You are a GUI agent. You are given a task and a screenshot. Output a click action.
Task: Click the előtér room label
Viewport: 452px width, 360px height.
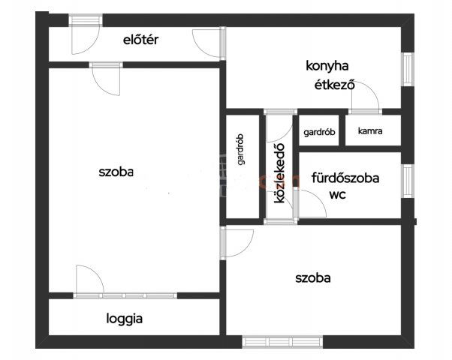[x=140, y=40]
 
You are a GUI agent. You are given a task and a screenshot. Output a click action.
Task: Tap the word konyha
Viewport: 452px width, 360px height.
[x=327, y=66]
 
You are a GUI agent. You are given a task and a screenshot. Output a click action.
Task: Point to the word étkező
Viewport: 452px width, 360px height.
[x=334, y=85]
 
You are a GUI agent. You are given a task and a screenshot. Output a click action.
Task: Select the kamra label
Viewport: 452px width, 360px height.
[x=370, y=131]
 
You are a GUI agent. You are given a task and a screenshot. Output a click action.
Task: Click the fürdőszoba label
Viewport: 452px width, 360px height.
[x=345, y=178]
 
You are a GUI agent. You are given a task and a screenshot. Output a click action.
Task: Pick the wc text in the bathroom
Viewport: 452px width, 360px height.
[x=338, y=195]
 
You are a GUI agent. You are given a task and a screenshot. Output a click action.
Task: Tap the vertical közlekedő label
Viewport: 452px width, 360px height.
[x=279, y=173]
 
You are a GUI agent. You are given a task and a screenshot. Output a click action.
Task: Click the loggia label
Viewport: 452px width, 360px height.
[x=124, y=319]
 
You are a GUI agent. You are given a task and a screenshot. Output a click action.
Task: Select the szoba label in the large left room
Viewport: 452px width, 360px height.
[x=116, y=172]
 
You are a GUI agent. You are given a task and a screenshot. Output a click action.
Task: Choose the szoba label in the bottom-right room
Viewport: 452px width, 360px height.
[x=313, y=278]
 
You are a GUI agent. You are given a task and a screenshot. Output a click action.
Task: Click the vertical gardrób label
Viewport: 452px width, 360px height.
[x=241, y=149]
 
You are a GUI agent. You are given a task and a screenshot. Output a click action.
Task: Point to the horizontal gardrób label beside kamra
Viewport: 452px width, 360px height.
[x=319, y=132]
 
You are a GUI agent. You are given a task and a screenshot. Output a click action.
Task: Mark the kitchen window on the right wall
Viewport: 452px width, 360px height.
[x=408, y=69]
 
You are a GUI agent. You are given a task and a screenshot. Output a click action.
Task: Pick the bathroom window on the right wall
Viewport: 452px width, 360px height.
[x=408, y=181]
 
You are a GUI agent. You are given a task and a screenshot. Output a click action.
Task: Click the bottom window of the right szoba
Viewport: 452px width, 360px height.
[x=282, y=342]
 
